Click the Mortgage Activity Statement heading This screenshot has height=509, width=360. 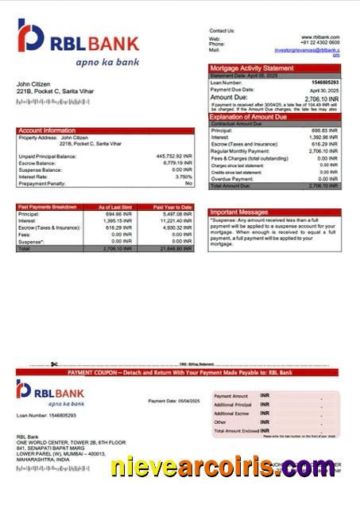pyautogui.click(x=251, y=68)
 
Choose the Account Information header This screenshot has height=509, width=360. pyautogui.click(x=48, y=130)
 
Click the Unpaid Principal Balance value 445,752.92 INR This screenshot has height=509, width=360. pyautogui.click(x=174, y=157)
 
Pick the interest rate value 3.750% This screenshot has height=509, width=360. pyautogui.click(x=184, y=177)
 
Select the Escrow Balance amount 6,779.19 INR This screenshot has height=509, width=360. pyautogui.click(x=176, y=163)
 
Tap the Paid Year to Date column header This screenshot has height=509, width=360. pyautogui.click(x=172, y=207)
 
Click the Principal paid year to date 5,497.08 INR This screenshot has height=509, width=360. pyautogui.click(x=176, y=214)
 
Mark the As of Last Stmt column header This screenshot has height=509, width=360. pyautogui.click(x=117, y=207)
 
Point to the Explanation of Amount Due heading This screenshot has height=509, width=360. pyautogui.click(x=256, y=117)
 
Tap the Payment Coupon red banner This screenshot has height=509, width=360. pyautogui.click(x=180, y=372)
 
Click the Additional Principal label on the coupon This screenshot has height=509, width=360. pyautogui.click(x=231, y=405)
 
